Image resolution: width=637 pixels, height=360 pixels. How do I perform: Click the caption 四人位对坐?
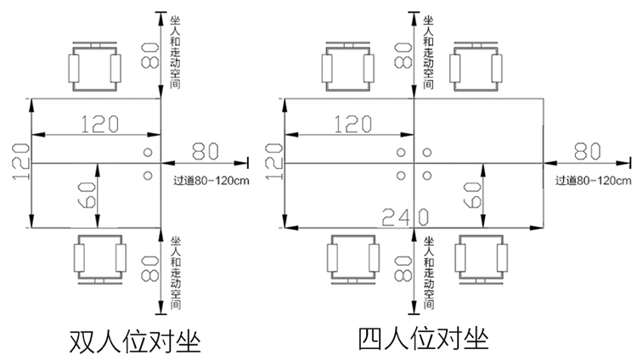coord(425,340)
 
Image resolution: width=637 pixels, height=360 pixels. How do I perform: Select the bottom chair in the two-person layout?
coord(99,257)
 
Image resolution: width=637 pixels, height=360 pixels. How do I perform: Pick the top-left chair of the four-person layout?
coord(349,65)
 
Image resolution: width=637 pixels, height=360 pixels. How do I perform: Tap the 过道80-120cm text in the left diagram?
coord(210,180)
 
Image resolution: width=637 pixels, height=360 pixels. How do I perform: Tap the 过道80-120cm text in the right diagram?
coord(594,180)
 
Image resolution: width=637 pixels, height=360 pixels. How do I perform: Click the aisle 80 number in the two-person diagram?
coord(206,150)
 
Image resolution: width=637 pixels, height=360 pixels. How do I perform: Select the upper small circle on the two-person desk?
coord(148,153)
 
